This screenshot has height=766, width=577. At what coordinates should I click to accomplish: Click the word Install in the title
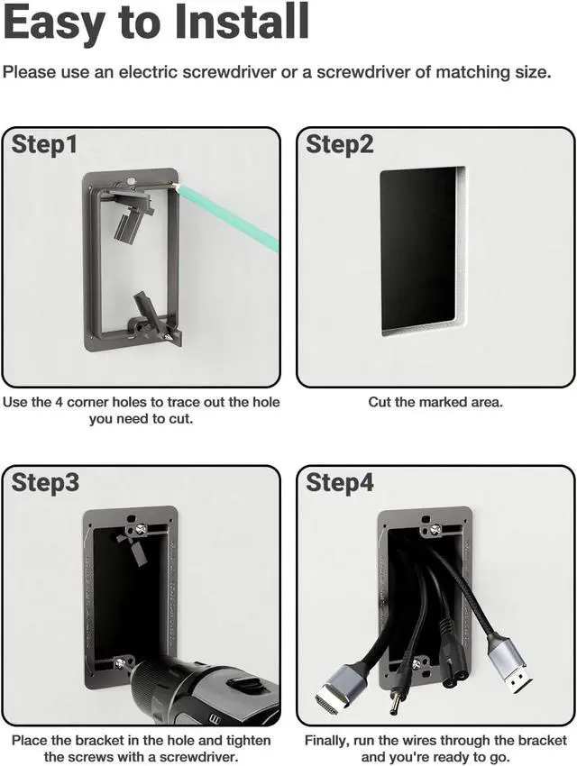[x=242, y=21]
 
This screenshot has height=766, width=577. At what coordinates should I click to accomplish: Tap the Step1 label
[x=44, y=144]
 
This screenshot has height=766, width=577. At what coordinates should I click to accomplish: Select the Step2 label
[x=339, y=144]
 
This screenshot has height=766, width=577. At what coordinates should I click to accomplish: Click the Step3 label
[x=44, y=483]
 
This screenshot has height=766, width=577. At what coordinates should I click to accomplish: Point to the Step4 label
[x=340, y=483]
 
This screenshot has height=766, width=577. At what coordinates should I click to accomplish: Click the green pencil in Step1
[x=228, y=217]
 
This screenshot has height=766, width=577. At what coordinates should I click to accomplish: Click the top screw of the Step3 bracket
[x=141, y=528]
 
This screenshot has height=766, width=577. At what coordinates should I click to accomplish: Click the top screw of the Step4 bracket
[x=435, y=529]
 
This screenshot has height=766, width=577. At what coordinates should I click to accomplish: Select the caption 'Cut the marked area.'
[x=435, y=403]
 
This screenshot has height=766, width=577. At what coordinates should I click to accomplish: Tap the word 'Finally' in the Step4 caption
[x=326, y=741]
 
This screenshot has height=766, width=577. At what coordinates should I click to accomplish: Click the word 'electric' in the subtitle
[x=149, y=72]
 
